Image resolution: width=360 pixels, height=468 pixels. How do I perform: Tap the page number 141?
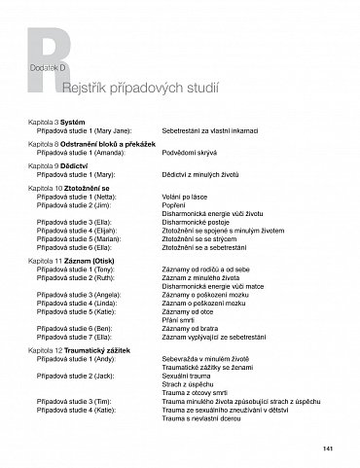[x=328, y=449]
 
